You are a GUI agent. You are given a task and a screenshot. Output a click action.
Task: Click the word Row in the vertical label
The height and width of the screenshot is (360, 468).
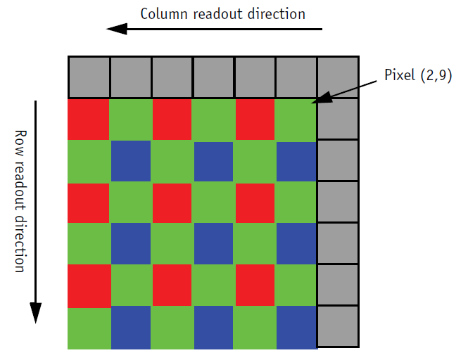(x=20, y=141)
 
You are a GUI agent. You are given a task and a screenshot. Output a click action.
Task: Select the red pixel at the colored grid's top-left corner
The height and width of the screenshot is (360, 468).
(x=88, y=120)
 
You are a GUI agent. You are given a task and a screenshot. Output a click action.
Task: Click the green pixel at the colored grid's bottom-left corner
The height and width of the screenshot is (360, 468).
(x=88, y=327)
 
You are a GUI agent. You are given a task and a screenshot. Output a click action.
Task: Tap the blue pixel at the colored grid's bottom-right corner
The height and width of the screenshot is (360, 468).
(x=296, y=327)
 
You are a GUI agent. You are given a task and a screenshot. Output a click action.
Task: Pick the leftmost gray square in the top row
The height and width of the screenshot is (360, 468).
(x=89, y=77)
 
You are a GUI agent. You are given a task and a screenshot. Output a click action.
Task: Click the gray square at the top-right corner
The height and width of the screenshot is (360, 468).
(x=338, y=77)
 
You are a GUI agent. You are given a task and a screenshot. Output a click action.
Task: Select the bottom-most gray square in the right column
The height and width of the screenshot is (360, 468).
(x=338, y=327)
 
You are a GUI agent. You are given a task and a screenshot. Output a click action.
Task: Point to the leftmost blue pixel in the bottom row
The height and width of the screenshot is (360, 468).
(x=129, y=327)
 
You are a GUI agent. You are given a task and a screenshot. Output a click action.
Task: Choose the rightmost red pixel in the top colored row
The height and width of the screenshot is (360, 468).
(x=254, y=120)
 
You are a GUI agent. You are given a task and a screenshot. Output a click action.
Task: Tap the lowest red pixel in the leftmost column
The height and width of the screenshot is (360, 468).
(x=88, y=285)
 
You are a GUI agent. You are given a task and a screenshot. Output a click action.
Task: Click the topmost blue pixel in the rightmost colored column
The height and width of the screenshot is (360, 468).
(x=296, y=161)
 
